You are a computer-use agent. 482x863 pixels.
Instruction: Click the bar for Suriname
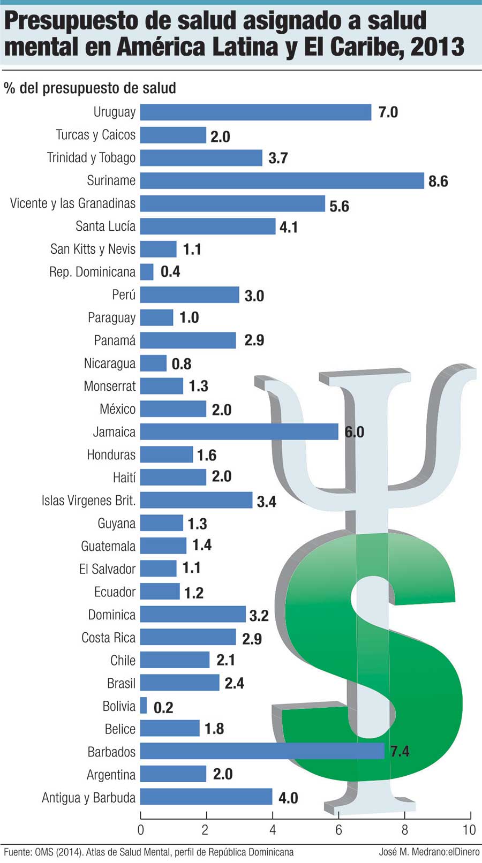tap(282, 180)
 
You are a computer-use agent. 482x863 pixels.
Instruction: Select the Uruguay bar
tap(255, 112)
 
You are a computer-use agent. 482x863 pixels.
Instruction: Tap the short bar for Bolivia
tap(144, 706)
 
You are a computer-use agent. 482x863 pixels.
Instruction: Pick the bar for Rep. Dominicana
tap(147, 271)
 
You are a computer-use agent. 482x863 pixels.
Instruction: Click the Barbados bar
tap(262, 751)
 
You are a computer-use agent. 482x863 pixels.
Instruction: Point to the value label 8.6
tap(438, 181)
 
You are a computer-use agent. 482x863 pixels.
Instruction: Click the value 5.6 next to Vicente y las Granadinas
tap(339, 206)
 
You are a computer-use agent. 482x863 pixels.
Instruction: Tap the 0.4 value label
tap(170, 271)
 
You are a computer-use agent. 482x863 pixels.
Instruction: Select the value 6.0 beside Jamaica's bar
tap(354, 432)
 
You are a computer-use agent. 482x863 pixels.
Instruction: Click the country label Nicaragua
tap(110, 364)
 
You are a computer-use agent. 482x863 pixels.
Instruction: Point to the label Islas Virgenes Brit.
tap(89, 501)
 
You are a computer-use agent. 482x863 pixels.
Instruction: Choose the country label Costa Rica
tap(109, 638)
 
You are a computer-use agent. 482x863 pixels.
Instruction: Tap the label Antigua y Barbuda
tap(89, 798)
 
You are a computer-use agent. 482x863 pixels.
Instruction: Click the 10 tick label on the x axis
tap(469, 830)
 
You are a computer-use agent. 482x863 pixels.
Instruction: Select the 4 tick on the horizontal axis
tap(273, 830)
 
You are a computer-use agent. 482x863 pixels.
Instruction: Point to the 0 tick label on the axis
tap(141, 830)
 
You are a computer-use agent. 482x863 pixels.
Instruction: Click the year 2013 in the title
tap(438, 47)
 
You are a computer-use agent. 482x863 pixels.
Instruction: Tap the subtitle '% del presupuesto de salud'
tap(90, 88)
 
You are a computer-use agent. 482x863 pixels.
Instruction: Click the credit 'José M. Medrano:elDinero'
tap(429, 852)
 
